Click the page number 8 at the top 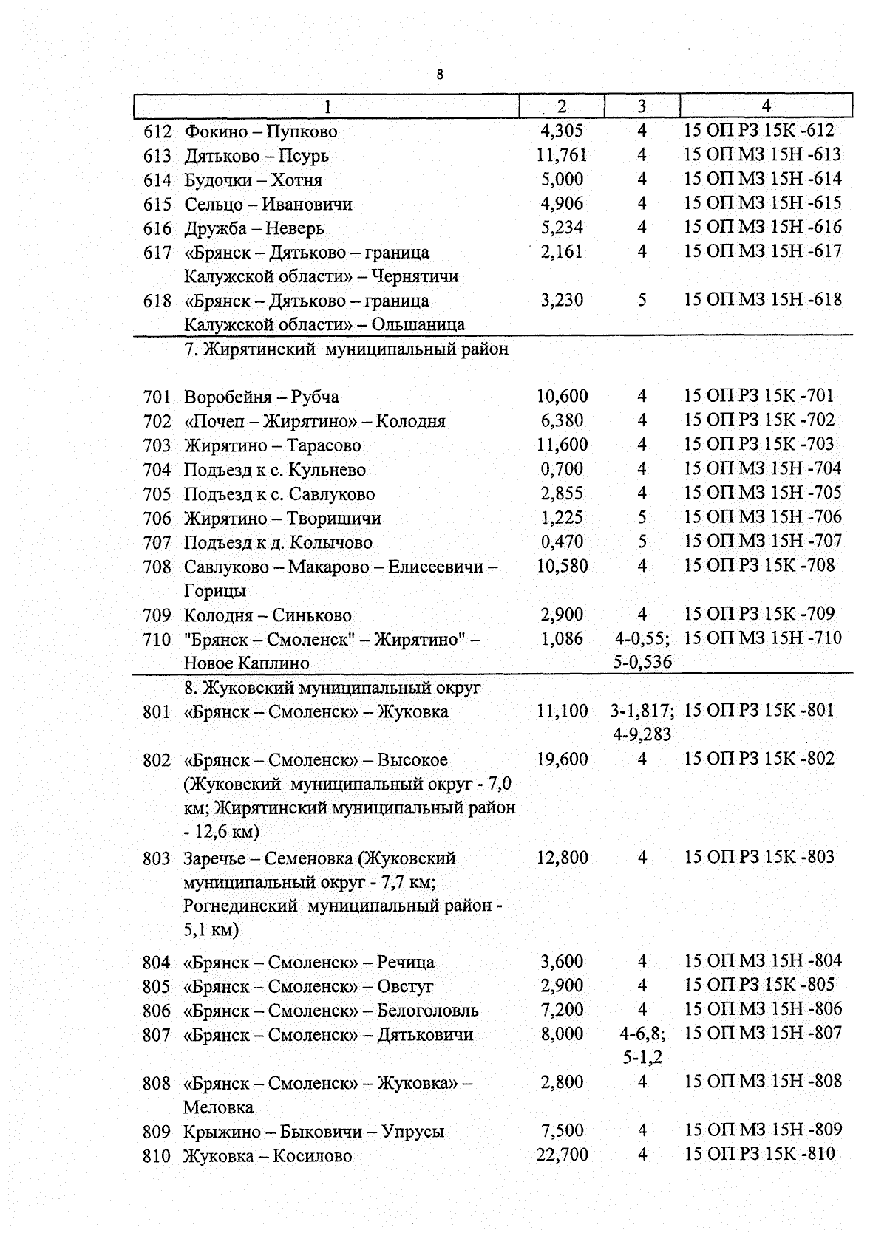[441, 75]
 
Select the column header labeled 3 [642, 106]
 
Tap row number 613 [157, 156]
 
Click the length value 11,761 [562, 155]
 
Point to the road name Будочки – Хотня [253, 180]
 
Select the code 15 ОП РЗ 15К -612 [758, 131]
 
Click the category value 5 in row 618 [642, 300]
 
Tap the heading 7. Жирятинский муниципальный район [346, 349]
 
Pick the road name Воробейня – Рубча [261, 397]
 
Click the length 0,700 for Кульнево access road [562, 469]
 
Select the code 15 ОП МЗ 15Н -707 [762, 541]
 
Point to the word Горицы [215, 591]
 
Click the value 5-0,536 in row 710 [642, 662]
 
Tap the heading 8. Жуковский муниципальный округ [332, 688]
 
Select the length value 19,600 [562, 759]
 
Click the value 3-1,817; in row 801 [642, 711]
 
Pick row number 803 [156, 858]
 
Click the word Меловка [218, 1107]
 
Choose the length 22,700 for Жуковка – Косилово [562, 1155]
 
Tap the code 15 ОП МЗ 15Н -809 [762, 1130]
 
